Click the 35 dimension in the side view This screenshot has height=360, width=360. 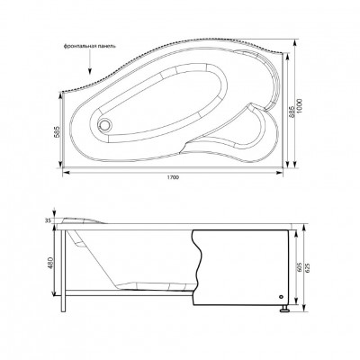pos(49,220)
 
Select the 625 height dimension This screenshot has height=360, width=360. pos(309,267)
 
